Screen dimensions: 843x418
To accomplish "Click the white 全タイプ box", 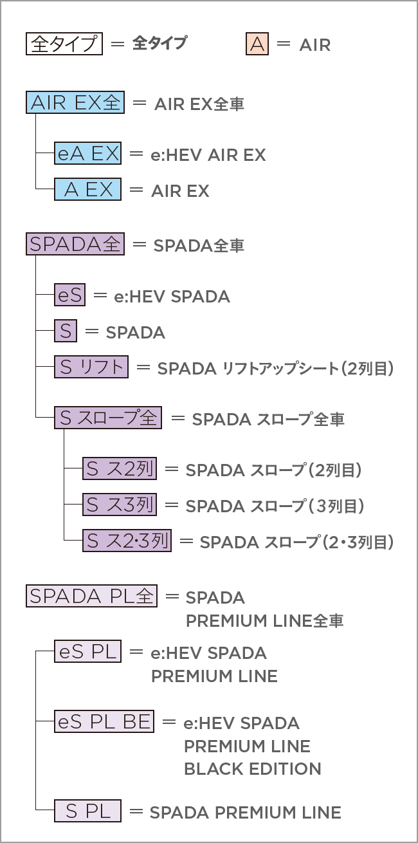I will [x=64, y=44].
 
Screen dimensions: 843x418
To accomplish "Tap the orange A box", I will [x=257, y=44].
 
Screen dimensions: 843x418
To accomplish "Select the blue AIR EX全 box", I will [x=75, y=103].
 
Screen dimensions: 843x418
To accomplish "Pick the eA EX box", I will [x=88, y=154].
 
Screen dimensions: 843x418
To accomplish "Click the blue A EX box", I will [x=88, y=190].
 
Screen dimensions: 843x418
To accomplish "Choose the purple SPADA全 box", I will [x=75, y=245].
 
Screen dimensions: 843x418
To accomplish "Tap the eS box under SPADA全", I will [x=70, y=296].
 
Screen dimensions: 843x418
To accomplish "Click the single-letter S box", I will [x=66, y=331].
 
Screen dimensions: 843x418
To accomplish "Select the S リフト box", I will [x=91, y=367].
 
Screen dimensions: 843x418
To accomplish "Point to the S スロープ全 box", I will [x=108, y=418].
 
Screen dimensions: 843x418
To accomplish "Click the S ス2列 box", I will [x=120, y=470].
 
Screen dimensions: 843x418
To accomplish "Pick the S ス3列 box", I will [x=120, y=505].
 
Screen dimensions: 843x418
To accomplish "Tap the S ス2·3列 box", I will [x=127, y=541].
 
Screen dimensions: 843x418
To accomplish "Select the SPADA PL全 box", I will [x=91, y=596].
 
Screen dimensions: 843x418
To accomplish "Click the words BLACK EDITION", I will [x=252, y=769].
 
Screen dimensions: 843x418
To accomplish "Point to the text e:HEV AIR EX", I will [x=208, y=154].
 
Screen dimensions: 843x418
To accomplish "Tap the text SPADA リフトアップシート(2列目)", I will [x=275, y=368].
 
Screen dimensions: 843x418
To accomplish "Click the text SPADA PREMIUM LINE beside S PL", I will [x=245, y=812].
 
